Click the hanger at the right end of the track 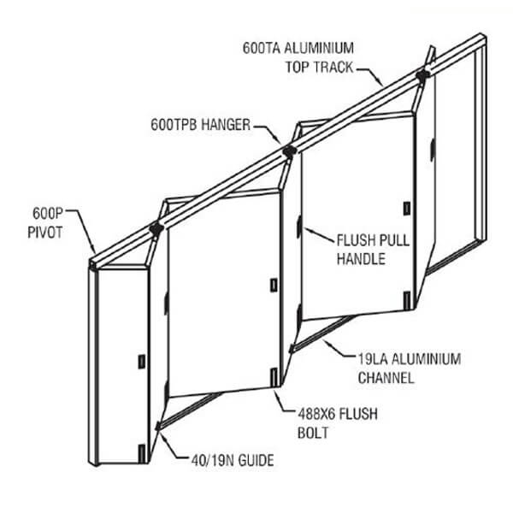(422, 76)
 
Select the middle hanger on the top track (289, 151)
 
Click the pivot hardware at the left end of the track (156, 229)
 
